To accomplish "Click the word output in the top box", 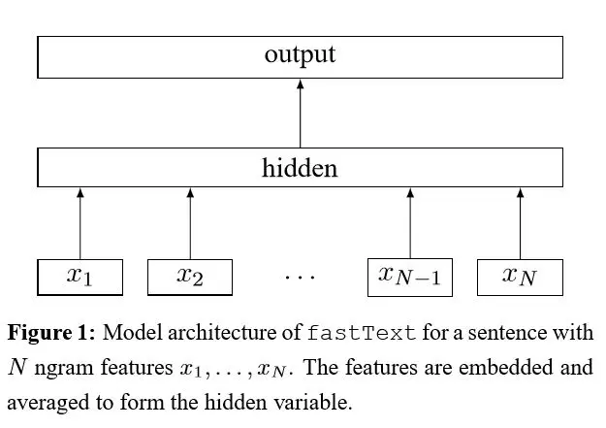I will [x=300, y=54].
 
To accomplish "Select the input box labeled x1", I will [x=80, y=277].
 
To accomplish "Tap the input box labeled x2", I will [x=190, y=277].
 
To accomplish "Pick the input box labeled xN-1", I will [x=410, y=277].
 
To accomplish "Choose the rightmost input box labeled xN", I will [x=520, y=277].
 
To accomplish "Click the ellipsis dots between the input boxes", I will [x=300, y=278].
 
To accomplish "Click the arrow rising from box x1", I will [x=80, y=223].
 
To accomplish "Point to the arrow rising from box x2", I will [x=190, y=223].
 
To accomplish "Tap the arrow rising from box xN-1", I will [x=410, y=223].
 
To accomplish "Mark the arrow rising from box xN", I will [x=520, y=223].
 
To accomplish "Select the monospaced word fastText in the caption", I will [x=361, y=333].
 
